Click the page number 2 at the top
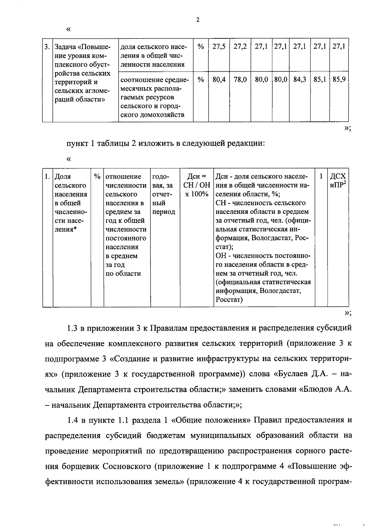point(198,20)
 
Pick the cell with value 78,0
point(240,80)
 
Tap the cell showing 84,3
point(300,80)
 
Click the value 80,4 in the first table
point(219,80)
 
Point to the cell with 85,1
point(320,80)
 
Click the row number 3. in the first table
point(47,47)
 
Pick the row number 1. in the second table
point(47,177)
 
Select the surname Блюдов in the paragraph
point(316,389)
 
